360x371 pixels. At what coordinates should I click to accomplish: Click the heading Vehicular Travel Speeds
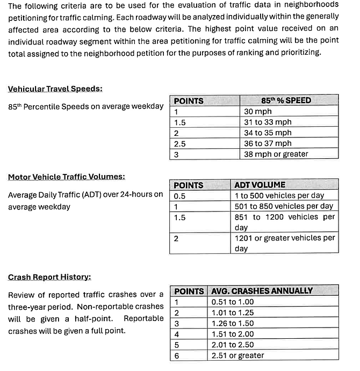point(55,89)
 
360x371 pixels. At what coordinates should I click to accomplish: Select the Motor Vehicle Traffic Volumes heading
point(62,177)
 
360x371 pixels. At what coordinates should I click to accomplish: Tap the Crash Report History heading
point(49,277)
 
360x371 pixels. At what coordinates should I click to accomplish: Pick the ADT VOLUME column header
point(260,185)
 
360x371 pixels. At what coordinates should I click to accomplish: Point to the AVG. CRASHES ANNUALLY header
point(262,290)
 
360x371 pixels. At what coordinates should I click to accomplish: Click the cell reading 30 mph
point(258,111)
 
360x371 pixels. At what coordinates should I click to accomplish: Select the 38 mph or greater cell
point(276,154)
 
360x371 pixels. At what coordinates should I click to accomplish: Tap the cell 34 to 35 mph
point(268,133)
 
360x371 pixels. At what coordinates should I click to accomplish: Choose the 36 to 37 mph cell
point(268,143)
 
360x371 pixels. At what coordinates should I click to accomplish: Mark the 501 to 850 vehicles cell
point(284,206)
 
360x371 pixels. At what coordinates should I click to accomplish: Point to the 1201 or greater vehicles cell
point(285,243)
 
